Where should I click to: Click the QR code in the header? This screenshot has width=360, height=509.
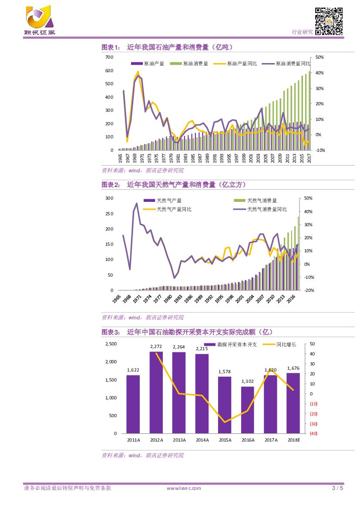pos(329,21)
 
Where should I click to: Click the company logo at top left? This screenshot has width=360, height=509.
pos(39,20)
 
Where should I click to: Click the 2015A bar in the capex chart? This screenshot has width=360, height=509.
pos(225,405)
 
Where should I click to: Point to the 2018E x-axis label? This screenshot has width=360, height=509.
pos(294,440)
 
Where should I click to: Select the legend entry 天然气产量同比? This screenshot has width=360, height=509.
pos(174,209)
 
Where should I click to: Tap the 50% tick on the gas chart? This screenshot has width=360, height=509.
pos(307,198)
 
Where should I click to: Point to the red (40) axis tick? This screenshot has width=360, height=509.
pos(313,434)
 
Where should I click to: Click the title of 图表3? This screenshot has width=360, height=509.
pos(187,332)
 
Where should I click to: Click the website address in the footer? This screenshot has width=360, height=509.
pos(184,488)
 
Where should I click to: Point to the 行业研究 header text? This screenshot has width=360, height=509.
pos(302,32)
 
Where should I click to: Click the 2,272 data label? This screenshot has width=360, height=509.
pos(156,347)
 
